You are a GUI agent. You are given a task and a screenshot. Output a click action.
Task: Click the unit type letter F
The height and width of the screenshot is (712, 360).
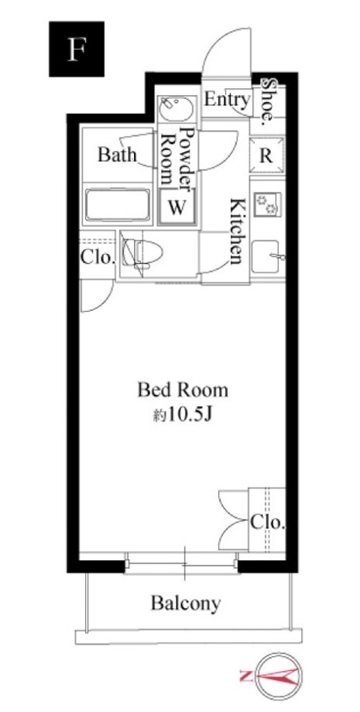coord(77,49)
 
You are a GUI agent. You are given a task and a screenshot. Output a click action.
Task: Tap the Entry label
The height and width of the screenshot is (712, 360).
coord(227,99)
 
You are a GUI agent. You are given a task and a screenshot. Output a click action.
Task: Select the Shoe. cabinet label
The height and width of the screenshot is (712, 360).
coord(269,101)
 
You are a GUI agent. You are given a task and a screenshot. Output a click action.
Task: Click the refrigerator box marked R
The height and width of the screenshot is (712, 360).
coord(267,155)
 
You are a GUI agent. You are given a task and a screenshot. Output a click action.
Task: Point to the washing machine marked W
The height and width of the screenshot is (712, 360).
coord(177,207)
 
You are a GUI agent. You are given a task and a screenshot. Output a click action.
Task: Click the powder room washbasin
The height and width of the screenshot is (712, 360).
coord(177,109)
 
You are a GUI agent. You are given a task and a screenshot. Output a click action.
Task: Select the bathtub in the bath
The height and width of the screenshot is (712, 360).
coord(117,206)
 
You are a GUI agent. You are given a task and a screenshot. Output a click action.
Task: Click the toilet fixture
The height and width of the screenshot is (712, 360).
coord(143,252)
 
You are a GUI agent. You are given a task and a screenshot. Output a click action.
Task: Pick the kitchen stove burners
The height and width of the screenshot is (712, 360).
coord(267,204)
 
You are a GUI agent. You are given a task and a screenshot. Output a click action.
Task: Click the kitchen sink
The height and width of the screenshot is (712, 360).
coord(266,257)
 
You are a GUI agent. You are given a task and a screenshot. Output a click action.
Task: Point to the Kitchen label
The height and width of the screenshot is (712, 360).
coord(237,231)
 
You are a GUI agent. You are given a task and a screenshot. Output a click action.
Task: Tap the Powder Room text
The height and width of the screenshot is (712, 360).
coord(177,156)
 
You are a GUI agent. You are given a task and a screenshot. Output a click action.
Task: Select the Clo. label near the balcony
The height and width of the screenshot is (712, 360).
coord(268,522)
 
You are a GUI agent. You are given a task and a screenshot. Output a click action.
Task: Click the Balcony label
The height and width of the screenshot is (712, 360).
coord(186,604)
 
